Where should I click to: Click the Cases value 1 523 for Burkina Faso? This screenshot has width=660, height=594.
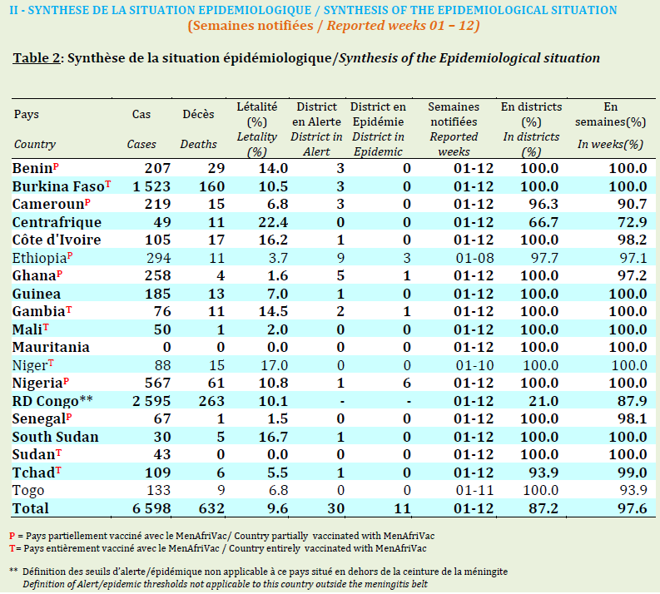151,186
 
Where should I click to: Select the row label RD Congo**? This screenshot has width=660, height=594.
52,401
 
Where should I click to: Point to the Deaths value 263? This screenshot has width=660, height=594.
211,401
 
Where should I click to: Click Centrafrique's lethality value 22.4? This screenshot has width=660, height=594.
273,222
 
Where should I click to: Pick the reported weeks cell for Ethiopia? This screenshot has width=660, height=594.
474,258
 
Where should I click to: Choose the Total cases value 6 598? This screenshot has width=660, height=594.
151,508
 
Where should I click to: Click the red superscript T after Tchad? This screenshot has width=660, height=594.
58,469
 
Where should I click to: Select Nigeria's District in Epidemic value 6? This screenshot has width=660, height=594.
407,383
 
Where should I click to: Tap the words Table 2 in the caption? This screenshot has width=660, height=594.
37,58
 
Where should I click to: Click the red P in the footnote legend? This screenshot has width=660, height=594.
12,536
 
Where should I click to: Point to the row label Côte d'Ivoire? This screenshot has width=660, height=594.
57,240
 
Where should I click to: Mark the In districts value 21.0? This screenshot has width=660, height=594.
543,401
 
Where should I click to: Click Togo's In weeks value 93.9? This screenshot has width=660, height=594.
633,490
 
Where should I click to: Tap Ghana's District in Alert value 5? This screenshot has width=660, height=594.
340,275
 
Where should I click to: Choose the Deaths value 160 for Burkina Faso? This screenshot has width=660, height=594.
211,186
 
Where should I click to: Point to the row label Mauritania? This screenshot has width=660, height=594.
51,347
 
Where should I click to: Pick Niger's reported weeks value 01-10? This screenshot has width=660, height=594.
474,365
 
